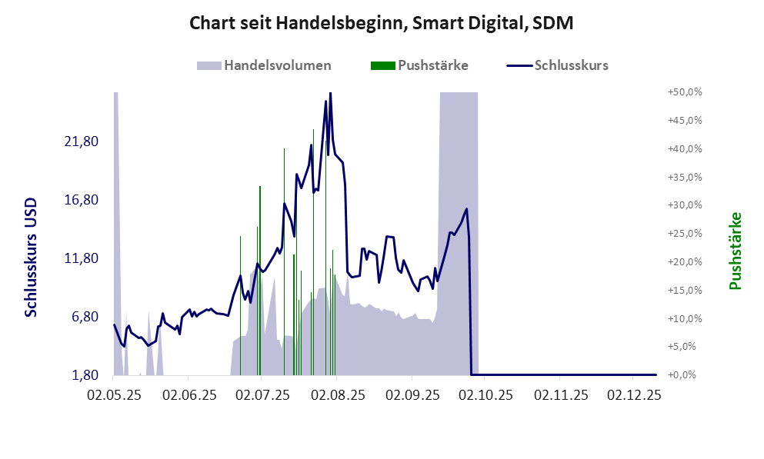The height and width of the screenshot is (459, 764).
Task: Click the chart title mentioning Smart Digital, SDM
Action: (382, 24)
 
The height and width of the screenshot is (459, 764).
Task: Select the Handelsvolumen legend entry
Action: (265, 65)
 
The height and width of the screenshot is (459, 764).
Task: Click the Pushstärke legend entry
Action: (419, 65)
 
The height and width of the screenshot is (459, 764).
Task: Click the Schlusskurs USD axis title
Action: (32, 258)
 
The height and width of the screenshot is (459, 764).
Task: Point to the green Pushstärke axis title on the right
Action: (735, 251)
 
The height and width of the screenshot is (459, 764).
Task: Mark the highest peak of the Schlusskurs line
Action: (330, 93)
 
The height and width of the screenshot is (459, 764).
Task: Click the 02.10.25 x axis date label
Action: (485, 396)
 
